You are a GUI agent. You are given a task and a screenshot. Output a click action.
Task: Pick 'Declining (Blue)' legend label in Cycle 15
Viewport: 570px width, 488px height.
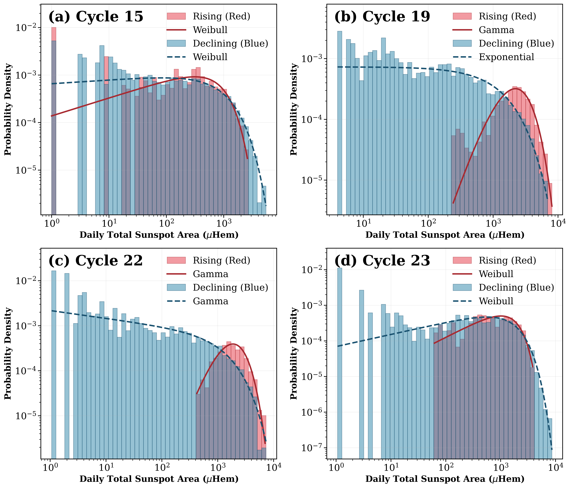[230, 43]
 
